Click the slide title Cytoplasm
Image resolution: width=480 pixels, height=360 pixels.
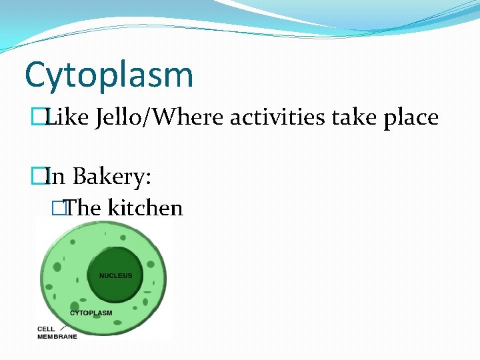click(x=109, y=75)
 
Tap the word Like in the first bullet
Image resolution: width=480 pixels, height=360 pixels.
click(x=61, y=118)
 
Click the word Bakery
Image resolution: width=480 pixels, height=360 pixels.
click(x=111, y=177)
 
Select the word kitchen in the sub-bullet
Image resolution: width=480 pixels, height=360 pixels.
click(x=145, y=208)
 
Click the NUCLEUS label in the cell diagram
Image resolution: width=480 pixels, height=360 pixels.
click(x=115, y=275)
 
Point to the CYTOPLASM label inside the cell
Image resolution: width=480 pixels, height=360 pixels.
click(x=91, y=313)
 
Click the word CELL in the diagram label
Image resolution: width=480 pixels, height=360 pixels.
click(x=46, y=329)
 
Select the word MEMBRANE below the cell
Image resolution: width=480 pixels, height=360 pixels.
click(x=57, y=337)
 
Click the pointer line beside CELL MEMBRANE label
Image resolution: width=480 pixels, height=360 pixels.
click(x=62, y=327)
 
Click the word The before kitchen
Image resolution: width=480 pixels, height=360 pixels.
click(x=83, y=208)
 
